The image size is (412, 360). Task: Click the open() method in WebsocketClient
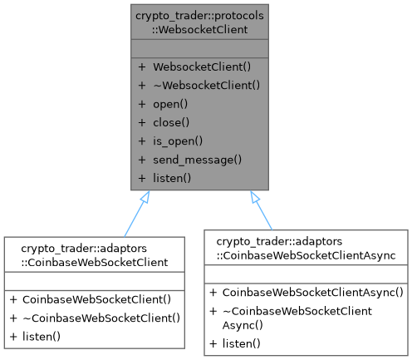click(171, 106)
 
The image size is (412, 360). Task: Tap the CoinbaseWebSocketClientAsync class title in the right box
click(306, 247)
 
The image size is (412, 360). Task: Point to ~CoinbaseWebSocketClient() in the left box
click(103, 318)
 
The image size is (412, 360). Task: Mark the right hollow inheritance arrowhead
click(254, 197)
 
